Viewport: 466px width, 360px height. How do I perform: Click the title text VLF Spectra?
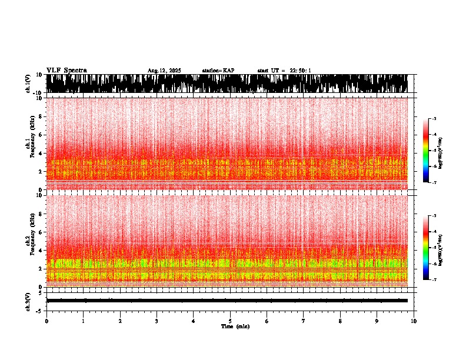[x=66, y=70]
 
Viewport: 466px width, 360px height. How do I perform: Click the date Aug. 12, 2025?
[x=164, y=71]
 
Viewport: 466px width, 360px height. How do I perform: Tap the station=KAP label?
[x=218, y=71]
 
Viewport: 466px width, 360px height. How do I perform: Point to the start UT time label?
[x=284, y=71]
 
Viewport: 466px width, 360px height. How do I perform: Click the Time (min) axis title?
[x=235, y=326]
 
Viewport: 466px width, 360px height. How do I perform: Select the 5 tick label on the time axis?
[x=230, y=321]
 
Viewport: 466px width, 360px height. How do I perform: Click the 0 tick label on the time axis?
[x=46, y=321]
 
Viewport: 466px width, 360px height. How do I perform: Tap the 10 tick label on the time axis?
[x=414, y=321]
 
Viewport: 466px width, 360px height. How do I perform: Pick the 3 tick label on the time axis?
[x=157, y=321]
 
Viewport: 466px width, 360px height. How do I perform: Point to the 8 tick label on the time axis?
[x=340, y=321]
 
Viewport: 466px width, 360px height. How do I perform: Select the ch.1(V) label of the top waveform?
[x=28, y=84]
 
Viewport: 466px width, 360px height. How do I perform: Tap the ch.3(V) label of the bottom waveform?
[x=28, y=301]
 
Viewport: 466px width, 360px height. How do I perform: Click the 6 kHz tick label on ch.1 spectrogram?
[x=40, y=135]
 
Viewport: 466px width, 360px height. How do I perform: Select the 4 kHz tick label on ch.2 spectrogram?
[x=40, y=250]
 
